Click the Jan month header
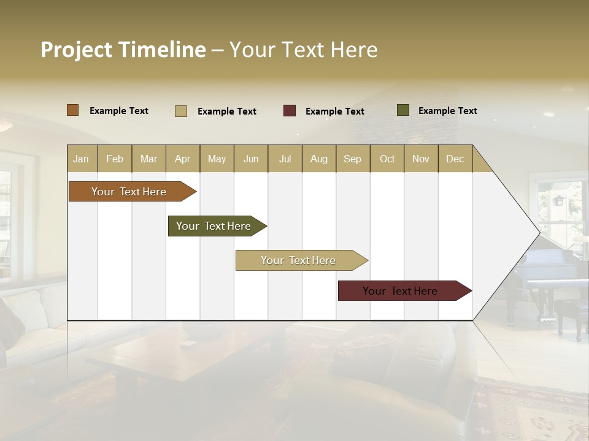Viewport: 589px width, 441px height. (x=81, y=159)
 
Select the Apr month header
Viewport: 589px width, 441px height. (x=183, y=159)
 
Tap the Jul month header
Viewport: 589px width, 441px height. (x=285, y=159)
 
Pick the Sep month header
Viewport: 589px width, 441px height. (x=352, y=159)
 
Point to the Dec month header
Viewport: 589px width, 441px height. (x=455, y=159)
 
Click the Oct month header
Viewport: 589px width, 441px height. (x=387, y=159)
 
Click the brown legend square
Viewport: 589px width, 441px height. (x=72, y=110)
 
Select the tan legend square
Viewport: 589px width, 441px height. (x=180, y=111)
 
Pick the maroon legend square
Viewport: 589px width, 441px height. (x=289, y=111)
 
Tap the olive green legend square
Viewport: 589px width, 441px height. (x=402, y=110)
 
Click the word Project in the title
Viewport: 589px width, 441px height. (x=76, y=50)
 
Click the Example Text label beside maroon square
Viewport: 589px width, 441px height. (x=334, y=111)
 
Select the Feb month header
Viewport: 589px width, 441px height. (x=115, y=159)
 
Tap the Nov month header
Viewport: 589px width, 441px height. (x=421, y=159)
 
